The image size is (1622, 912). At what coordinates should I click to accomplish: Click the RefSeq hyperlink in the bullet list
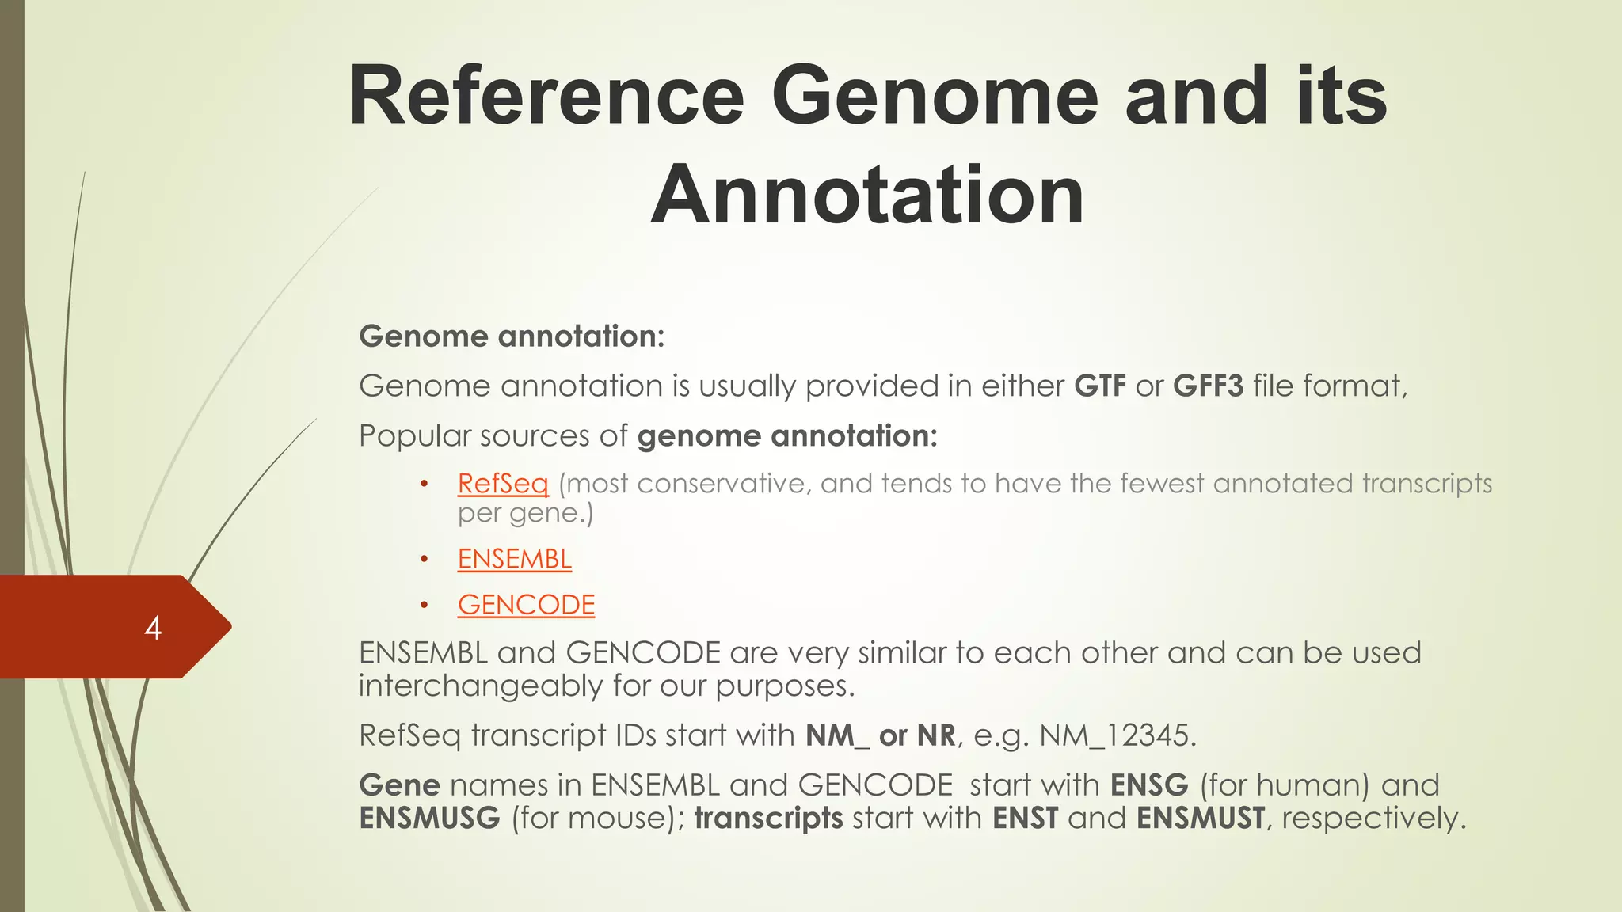click(x=503, y=484)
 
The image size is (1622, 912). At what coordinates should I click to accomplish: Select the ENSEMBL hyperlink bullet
click(x=514, y=559)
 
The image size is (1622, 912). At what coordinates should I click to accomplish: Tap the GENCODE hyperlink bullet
click(x=526, y=605)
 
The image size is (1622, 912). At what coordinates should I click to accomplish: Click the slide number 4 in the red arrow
click(x=153, y=628)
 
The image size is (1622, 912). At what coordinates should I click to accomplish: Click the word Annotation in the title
click(x=867, y=195)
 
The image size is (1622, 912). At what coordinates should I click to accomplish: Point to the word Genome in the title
click(x=935, y=96)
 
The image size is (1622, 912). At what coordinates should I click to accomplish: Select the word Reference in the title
click(x=546, y=96)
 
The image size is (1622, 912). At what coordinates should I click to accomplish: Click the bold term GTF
click(x=1100, y=386)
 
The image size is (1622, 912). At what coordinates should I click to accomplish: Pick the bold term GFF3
click(x=1208, y=386)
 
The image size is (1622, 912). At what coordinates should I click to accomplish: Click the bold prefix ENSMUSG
click(x=429, y=818)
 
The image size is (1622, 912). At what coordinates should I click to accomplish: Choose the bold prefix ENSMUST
click(x=1200, y=818)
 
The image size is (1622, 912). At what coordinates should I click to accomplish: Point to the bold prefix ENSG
click(x=1149, y=785)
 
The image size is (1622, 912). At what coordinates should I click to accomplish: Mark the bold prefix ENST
click(x=1025, y=818)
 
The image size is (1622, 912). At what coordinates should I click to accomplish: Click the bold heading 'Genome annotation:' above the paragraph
click(x=512, y=336)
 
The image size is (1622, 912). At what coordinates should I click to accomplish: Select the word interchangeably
click(x=480, y=686)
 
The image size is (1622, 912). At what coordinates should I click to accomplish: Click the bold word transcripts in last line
click(x=768, y=818)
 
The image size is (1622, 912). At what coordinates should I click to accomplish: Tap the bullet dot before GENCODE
click(x=425, y=606)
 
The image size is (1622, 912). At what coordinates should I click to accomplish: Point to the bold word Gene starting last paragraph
click(x=399, y=785)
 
